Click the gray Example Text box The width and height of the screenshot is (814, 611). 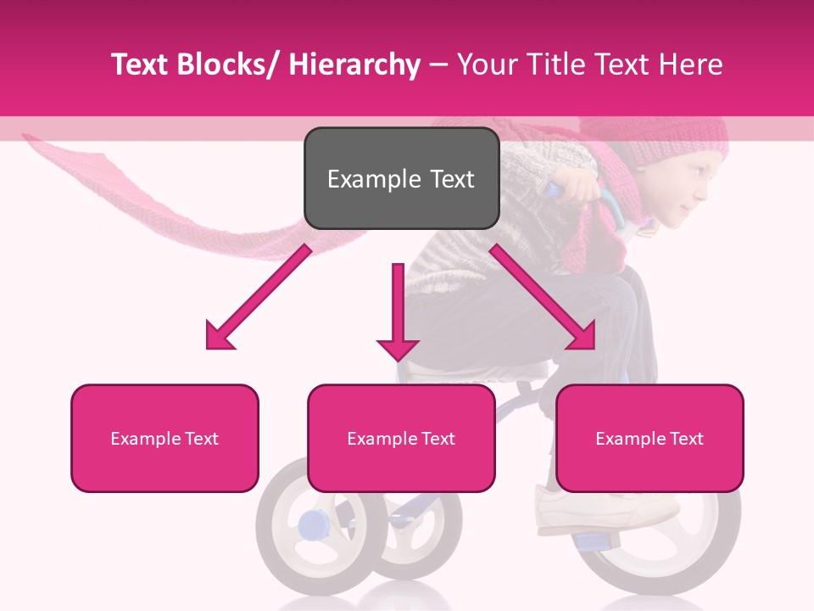tap(401, 178)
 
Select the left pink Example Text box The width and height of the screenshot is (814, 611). tap(164, 438)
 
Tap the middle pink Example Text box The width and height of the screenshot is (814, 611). tap(401, 438)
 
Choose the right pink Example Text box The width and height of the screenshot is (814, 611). tap(650, 438)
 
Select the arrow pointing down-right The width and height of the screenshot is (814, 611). tap(543, 297)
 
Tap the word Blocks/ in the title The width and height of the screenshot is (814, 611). tap(225, 64)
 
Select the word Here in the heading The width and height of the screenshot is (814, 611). tap(691, 64)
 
